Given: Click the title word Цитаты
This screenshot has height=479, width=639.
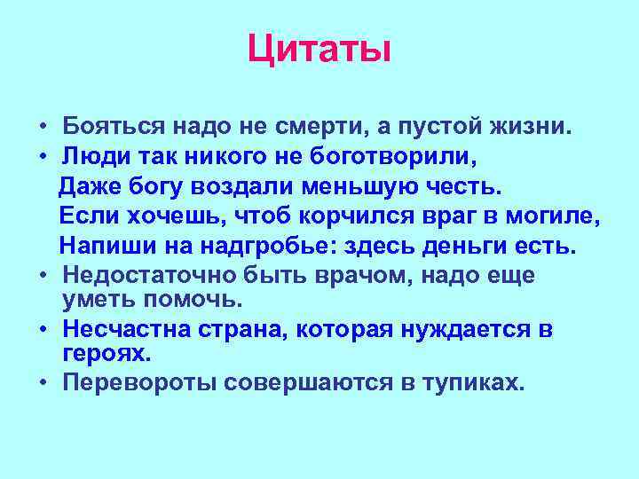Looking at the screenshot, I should click(319, 48).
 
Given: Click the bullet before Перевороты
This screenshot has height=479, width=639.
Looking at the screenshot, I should click(43, 384).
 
